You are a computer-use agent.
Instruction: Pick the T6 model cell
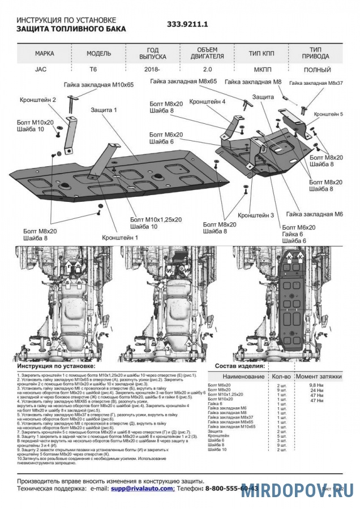92,70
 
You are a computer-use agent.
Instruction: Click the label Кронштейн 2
38,100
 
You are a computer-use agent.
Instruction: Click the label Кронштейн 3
256,215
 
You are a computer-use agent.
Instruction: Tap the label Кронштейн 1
120,238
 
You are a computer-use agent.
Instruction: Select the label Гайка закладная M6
315,215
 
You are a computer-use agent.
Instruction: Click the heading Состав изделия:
239,366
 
